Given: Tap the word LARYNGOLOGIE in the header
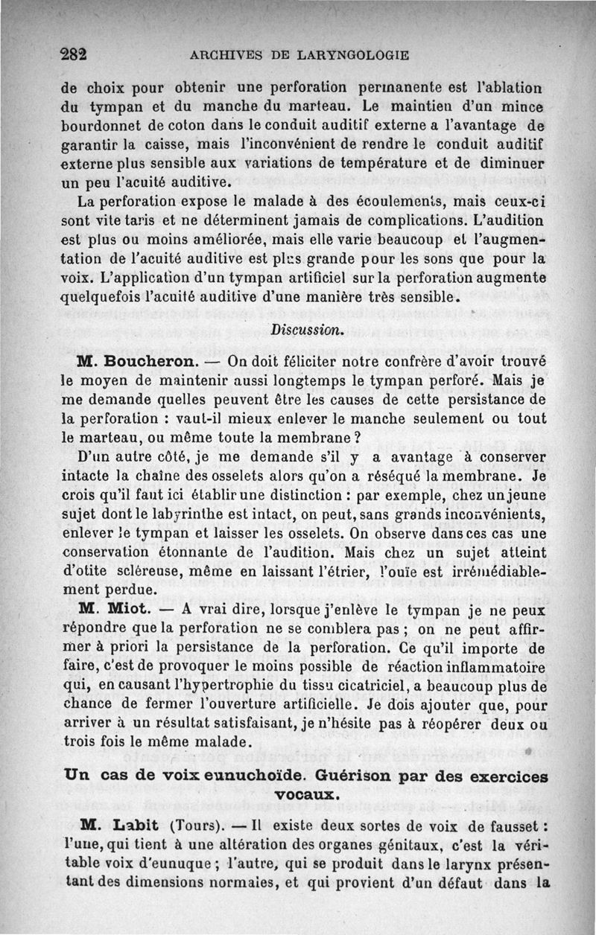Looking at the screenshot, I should tap(347, 54).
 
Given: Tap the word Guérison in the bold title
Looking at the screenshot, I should tap(377, 775).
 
